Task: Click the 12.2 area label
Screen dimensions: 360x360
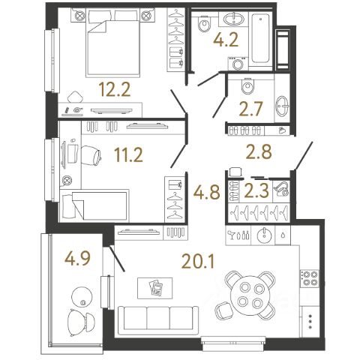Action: point(115,89)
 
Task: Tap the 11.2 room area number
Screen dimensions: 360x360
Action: point(128,154)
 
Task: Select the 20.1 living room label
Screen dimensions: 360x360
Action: point(198,262)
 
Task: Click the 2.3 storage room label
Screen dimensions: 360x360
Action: point(256,190)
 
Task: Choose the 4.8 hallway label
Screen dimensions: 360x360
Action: point(207,192)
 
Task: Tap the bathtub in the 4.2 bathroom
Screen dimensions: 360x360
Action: point(260,37)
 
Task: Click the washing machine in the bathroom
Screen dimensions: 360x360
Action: point(238,64)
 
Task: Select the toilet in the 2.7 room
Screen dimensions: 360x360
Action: point(247,85)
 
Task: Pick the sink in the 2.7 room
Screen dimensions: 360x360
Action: point(283,106)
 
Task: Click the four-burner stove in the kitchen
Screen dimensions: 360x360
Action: point(310,278)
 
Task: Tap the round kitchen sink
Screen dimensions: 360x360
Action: point(263,235)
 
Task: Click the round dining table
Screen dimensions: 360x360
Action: point(250,295)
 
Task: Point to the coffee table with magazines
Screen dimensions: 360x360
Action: point(155,288)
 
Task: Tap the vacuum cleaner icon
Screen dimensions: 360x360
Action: point(281,189)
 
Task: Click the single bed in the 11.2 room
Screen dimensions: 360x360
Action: point(95,205)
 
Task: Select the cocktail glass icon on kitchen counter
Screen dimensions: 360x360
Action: point(230,235)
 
